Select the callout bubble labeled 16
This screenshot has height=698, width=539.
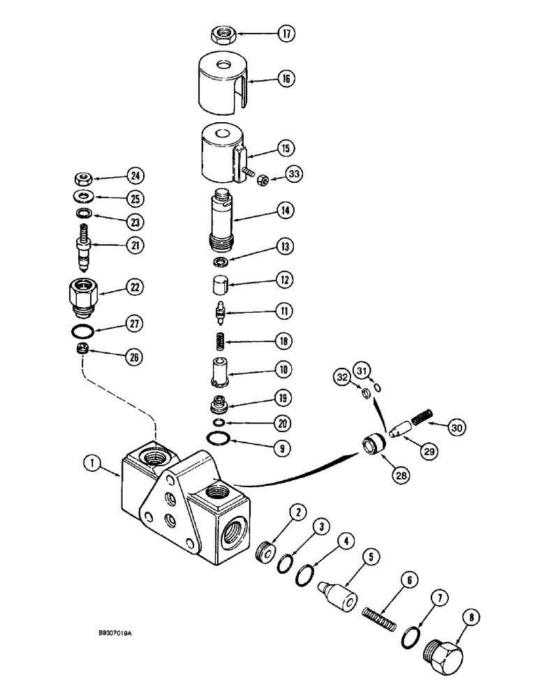(x=286, y=79)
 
